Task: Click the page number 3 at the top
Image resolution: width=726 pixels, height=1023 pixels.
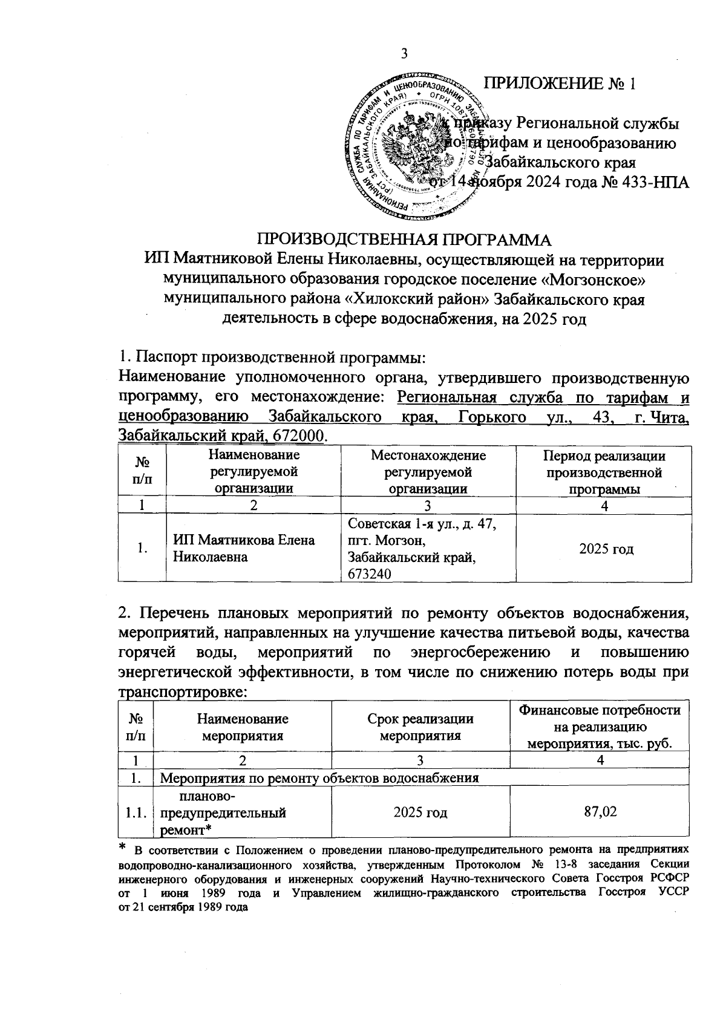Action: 404,54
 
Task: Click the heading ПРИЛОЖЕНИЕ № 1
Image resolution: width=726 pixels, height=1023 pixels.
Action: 562,83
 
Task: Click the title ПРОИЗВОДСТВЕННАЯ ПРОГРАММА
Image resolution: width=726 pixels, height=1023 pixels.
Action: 404,238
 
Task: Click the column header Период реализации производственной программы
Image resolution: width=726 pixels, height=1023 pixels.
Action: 604,472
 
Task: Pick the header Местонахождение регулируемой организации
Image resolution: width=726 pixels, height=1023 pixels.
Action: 428,472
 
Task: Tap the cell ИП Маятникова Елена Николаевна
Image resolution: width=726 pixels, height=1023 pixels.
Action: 244,548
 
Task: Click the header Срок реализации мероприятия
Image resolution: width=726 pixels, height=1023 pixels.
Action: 420,727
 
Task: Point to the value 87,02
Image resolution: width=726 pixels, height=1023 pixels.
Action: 600,811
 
